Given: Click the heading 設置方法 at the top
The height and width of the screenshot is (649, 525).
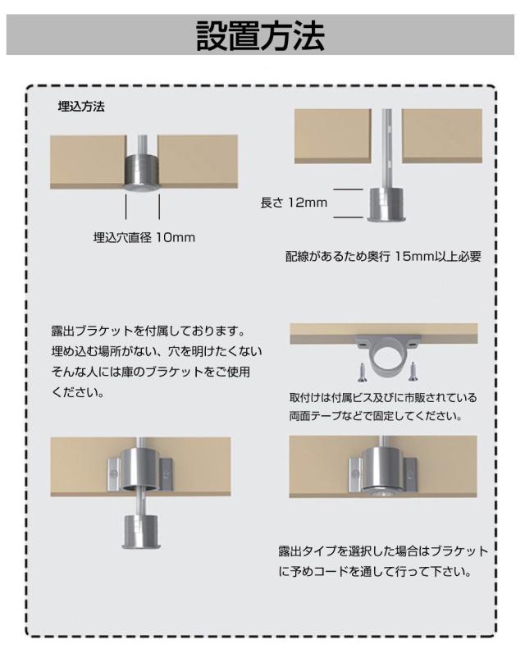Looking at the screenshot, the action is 260,35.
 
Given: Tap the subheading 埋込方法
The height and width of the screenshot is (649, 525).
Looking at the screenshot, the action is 81,107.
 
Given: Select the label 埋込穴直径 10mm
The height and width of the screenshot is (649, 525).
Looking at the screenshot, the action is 144,238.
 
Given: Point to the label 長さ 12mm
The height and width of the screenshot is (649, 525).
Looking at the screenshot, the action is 294,203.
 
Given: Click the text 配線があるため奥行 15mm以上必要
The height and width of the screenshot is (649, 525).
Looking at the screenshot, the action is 383,256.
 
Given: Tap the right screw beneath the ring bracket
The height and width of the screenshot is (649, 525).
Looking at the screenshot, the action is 412,372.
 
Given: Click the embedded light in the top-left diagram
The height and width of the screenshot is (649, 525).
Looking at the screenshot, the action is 142,172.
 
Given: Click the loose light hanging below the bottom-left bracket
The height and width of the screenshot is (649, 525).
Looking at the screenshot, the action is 141,531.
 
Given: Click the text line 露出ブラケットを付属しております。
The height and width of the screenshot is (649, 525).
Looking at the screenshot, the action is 148,331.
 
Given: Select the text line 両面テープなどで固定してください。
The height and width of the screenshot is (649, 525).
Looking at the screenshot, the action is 376,415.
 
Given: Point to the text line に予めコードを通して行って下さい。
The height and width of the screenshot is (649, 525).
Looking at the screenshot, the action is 375,572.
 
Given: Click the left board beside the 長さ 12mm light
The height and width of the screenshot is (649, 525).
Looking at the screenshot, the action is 332,136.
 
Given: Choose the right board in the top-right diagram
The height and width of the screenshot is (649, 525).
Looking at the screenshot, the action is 442,136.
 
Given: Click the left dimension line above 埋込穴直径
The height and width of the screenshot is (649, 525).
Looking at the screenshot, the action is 126,207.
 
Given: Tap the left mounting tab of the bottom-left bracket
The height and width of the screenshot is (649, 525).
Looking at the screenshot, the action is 114,474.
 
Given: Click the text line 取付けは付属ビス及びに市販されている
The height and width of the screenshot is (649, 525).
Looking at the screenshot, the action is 383,397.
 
